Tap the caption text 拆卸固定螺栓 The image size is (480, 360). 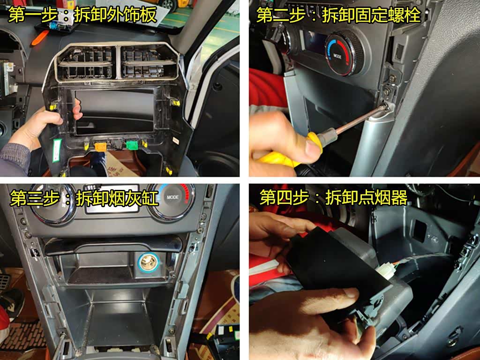click(x=371, y=15)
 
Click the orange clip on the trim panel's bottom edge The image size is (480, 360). click(x=100, y=147)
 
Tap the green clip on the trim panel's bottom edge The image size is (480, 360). click(x=132, y=144)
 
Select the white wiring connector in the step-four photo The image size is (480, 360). click(x=384, y=270)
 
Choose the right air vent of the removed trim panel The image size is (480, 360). click(x=150, y=63)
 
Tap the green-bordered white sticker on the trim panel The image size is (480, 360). click(x=57, y=150)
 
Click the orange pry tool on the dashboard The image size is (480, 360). click(x=39, y=38)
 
